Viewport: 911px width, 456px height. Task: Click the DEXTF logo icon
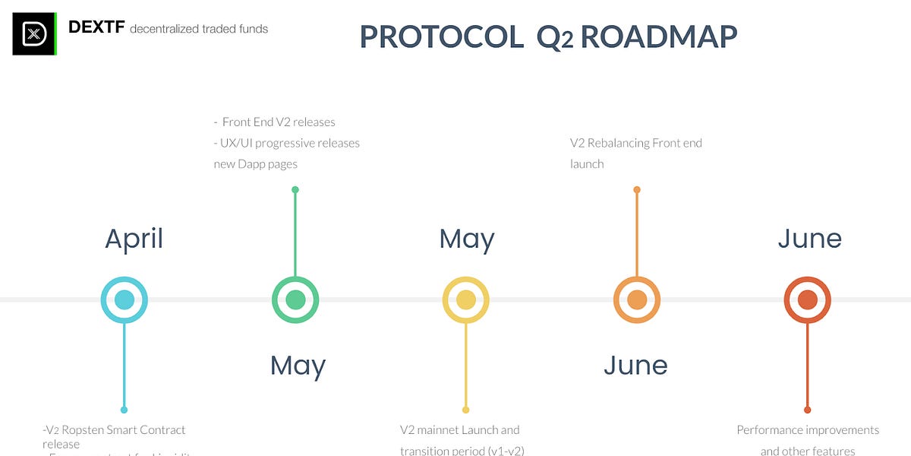coord(34,33)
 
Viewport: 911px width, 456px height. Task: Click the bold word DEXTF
coord(96,27)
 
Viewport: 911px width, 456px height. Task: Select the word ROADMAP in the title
coord(658,36)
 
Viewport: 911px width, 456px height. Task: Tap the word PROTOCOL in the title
coord(441,36)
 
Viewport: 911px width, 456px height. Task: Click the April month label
coord(134,239)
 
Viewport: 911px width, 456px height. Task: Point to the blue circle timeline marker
coord(125,299)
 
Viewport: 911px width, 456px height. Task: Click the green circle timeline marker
coord(295,299)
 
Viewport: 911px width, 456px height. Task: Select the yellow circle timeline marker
coord(466,299)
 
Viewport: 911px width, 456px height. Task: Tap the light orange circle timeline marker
coord(637,299)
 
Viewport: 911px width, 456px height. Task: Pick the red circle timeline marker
coord(808,299)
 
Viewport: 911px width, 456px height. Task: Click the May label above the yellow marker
coord(467,239)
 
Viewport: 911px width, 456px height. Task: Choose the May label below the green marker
coord(298,366)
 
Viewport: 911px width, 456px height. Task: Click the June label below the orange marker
coord(635,366)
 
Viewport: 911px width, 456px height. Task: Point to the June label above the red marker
coord(809,239)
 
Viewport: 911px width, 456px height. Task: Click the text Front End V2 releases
coord(278,122)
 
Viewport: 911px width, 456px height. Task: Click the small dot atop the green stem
coord(295,189)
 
